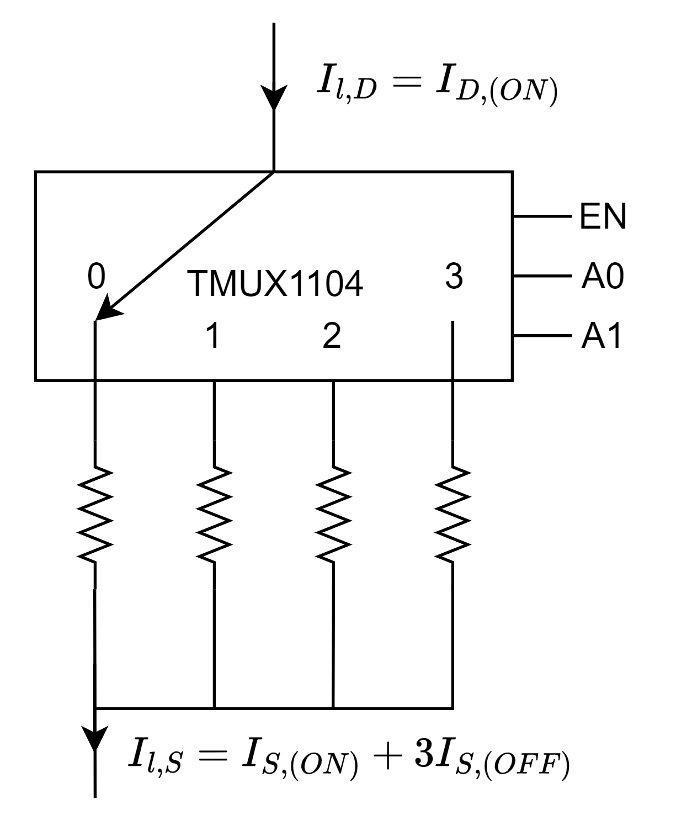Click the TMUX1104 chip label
(x=275, y=284)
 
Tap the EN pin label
(x=603, y=216)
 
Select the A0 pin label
(x=603, y=276)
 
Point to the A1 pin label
(x=601, y=336)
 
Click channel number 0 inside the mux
(x=96, y=276)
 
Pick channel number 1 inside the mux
(x=213, y=336)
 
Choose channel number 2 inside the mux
(x=332, y=336)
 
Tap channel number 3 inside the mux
(x=454, y=276)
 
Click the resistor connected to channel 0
(x=95, y=514)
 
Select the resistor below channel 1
(x=215, y=514)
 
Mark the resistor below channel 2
(x=333, y=514)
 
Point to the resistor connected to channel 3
(x=453, y=514)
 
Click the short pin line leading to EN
(x=542, y=216)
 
